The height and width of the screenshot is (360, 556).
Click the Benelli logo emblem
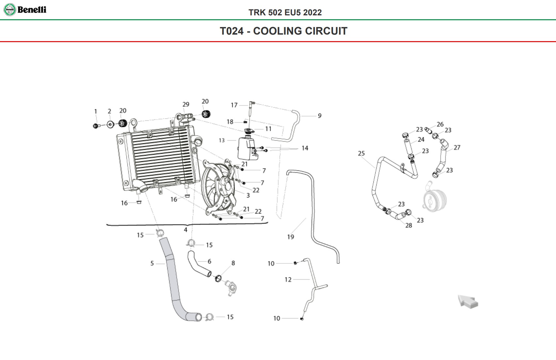10,10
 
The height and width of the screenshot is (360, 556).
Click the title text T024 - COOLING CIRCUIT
284,31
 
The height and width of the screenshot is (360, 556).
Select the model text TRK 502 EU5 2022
285,12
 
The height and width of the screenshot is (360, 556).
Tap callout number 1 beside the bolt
96,112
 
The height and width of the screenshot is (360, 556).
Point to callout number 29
186,104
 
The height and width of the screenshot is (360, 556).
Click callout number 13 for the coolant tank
222,140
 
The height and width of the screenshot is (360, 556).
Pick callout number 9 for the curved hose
320,116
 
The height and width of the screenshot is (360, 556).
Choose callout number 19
291,237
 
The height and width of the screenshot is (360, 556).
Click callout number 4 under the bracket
186,230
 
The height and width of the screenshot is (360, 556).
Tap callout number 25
361,153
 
